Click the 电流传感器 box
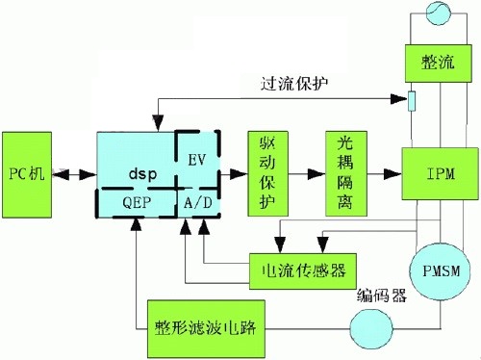(x=302, y=265)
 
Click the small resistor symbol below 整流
(x=412, y=100)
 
